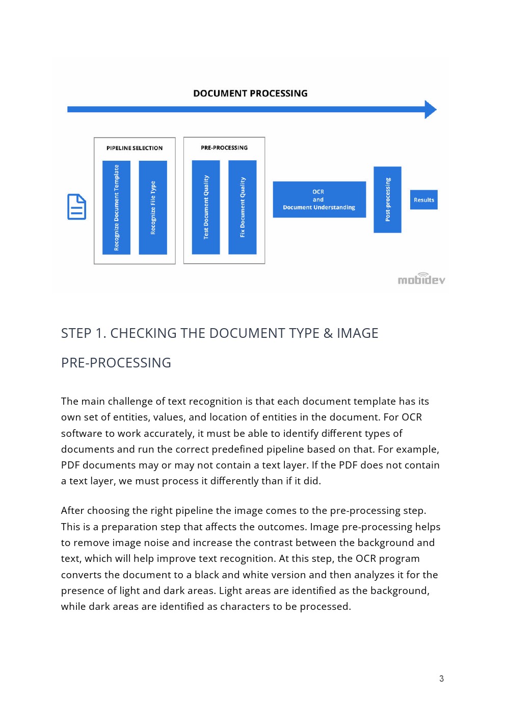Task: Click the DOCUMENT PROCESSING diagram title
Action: point(250,93)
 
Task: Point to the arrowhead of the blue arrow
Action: point(431,109)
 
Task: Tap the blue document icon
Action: point(76,207)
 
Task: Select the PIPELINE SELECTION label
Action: point(135,148)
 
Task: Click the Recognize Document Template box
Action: point(116,207)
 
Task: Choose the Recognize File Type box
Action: point(153,207)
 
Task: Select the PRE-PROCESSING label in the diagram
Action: point(224,147)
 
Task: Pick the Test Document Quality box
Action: point(206,207)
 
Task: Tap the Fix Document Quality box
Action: point(243,207)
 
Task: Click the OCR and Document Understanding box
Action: point(319,200)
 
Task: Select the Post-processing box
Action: point(388,200)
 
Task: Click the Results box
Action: point(424,200)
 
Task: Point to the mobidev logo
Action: point(421,279)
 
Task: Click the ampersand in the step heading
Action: point(328,333)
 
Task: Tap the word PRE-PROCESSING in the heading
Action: point(116,363)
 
